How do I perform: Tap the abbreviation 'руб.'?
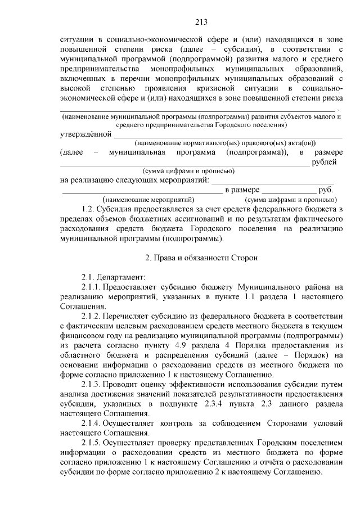point(326,190)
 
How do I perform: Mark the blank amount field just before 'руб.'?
point(290,191)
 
